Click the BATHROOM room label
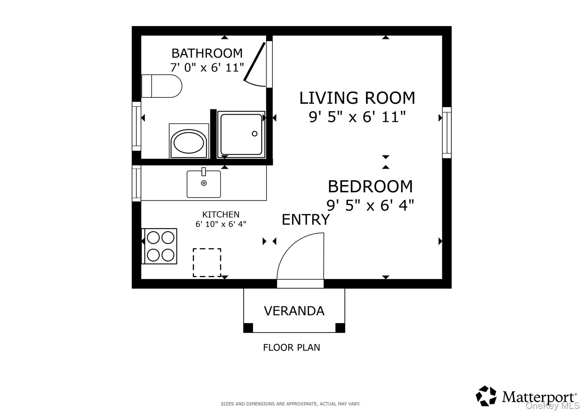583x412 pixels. [x=207, y=53]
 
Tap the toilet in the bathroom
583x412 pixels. [x=161, y=86]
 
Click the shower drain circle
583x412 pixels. [x=255, y=133]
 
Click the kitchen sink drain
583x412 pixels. [x=204, y=183]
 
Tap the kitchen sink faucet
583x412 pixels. [x=204, y=172]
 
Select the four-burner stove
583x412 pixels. [x=159, y=246]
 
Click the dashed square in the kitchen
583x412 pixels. [x=207, y=263]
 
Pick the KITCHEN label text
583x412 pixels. [x=221, y=214]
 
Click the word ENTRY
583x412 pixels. [x=306, y=220]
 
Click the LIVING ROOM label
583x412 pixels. [x=357, y=98]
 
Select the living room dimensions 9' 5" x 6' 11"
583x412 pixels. [x=357, y=117]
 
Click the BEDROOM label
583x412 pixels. [x=370, y=186]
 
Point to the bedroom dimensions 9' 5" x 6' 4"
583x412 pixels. [x=370, y=205]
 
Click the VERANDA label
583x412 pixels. [x=294, y=311]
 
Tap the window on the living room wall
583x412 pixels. [x=447, y=133]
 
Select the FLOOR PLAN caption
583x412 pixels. [x=291, y=347]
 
